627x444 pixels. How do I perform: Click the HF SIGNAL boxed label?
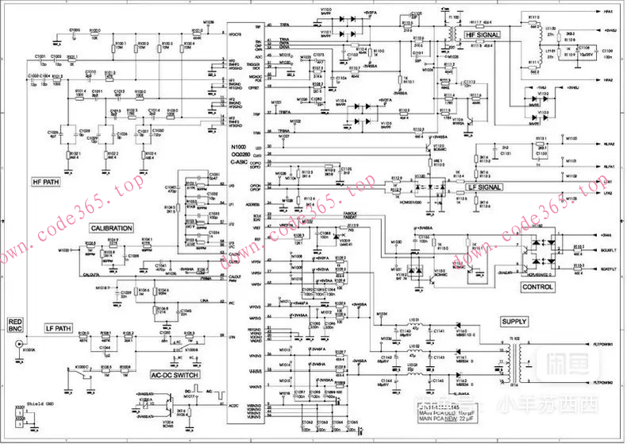[x=483, y=36]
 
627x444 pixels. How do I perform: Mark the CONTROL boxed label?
[x=537, y=287]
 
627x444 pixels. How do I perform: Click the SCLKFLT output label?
[x=608, y=250]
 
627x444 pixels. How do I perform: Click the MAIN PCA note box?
[x=452, y=412]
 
